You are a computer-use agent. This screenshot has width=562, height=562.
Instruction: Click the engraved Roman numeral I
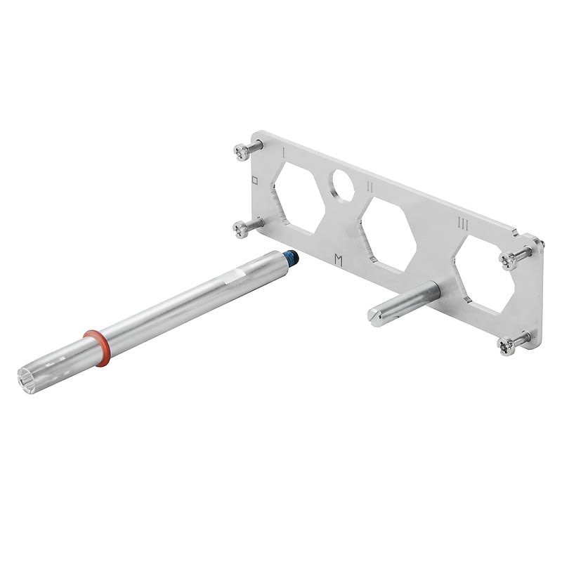pyautogui.click(x=282, y=151)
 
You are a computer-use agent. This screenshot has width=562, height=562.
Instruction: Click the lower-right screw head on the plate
pyautogui.click(x=507, y=344)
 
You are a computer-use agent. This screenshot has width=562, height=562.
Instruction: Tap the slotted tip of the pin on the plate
pyautogui.click(x=375, y=314)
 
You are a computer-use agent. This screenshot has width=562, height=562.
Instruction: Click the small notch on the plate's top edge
pyautogui.click(x=514, y=228)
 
